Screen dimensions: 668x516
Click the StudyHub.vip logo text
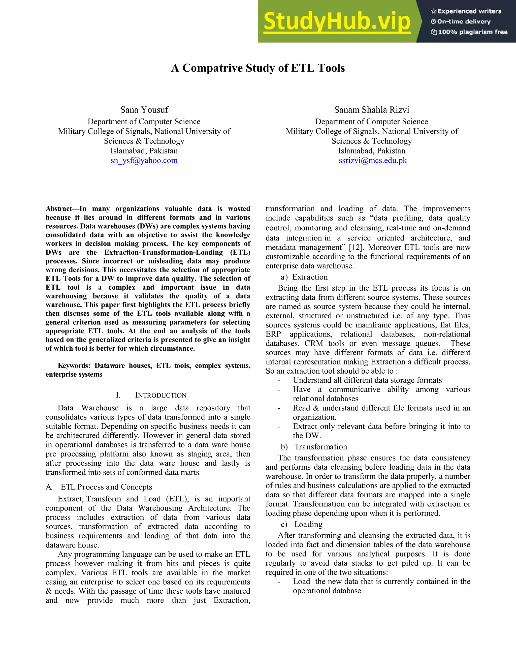[x=337, y=21]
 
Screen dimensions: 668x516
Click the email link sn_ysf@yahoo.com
[x=144, y=161]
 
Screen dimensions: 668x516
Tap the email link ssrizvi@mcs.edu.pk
[x=373, y=161]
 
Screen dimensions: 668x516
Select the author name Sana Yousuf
[x=144, y=110]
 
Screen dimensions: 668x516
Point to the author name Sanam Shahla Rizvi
[x=371, y=110]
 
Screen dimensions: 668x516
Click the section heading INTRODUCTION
[x=160, y=395]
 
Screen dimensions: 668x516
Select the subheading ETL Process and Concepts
[x=106, y=487]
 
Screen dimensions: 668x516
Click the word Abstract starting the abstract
[x=59, y=209]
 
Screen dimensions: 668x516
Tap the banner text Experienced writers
[x=469, y=11]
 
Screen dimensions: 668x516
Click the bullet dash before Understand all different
[x=279, y=380]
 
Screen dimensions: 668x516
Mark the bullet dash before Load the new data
[x=279, y=582]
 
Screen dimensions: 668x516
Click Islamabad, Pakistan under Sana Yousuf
[x=144, y=151]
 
